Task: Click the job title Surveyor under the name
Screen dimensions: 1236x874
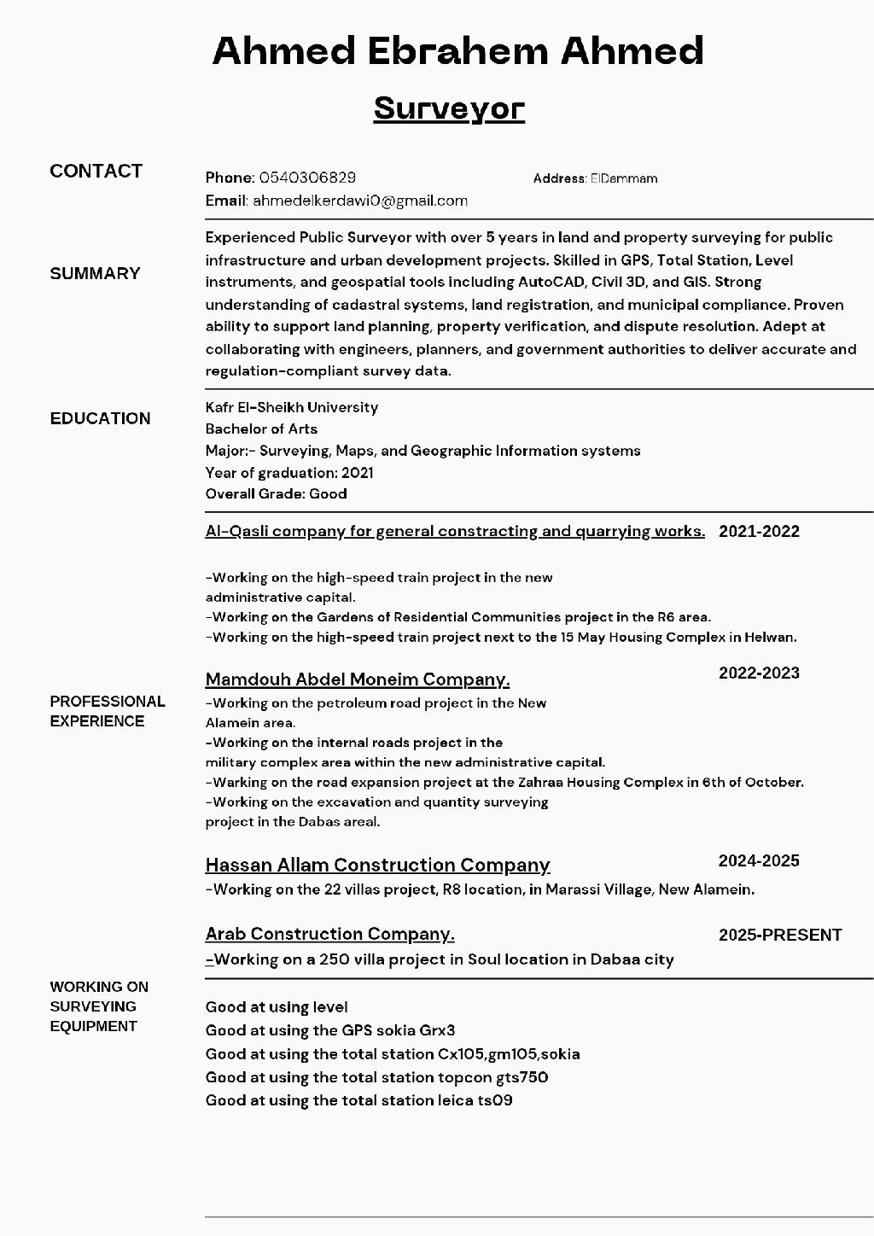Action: (x=449, y=108)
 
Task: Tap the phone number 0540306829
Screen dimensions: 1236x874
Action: (x=307, y=178)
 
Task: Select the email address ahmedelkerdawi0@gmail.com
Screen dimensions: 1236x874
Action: (x=360, y=201)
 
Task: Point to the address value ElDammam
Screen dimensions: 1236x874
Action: (x=624, y=178)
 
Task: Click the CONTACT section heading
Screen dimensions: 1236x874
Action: (x=96, y=171)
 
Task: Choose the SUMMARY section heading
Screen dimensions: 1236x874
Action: (x=95, y=273)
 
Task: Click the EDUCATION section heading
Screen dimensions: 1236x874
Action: (x=100, y=418)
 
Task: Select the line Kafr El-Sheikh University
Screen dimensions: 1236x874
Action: (x=291, y=407)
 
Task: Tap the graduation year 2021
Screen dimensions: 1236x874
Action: (x=357, y=472)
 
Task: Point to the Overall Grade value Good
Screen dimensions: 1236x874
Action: (x=328, y=493)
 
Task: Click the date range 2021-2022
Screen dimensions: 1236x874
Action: (x=759, y=531)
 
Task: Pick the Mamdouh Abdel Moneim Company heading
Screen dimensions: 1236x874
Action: (x=357, y=679)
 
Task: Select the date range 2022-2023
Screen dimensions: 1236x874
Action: (x=759, y=673)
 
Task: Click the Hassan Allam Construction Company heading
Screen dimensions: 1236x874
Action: (x=377, y=865)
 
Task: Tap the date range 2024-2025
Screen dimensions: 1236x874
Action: (x=759, y=860)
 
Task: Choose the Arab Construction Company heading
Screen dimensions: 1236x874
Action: (x=329, y=934)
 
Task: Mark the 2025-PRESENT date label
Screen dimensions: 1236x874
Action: (x=780, y=935)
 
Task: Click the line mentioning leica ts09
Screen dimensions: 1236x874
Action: (x=358, y=1100)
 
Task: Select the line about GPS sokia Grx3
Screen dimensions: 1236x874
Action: (x=330, y=1030)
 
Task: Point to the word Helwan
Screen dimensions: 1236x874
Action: (x=769, y=637)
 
